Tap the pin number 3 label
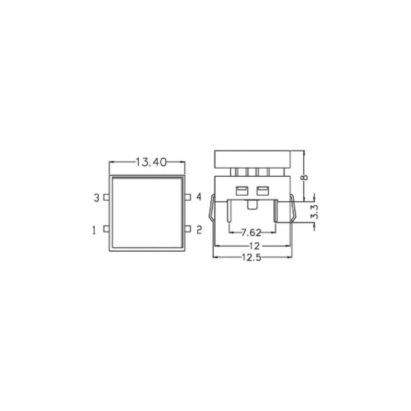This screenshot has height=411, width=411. pos(97,198)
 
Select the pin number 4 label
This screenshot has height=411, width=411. pos(199,197)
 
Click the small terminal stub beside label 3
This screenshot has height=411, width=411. pos(106,198)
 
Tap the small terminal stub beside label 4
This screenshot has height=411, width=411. pos(188,197)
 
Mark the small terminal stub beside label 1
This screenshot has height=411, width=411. pos(106,229)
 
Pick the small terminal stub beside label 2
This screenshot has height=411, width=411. pos(188,229)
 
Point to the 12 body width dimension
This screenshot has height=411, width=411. pos(254,246)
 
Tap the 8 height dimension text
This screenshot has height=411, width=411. pos(304,177)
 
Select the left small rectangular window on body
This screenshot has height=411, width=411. pos(240,190)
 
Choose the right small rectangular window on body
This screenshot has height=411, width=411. pos(262,190)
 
